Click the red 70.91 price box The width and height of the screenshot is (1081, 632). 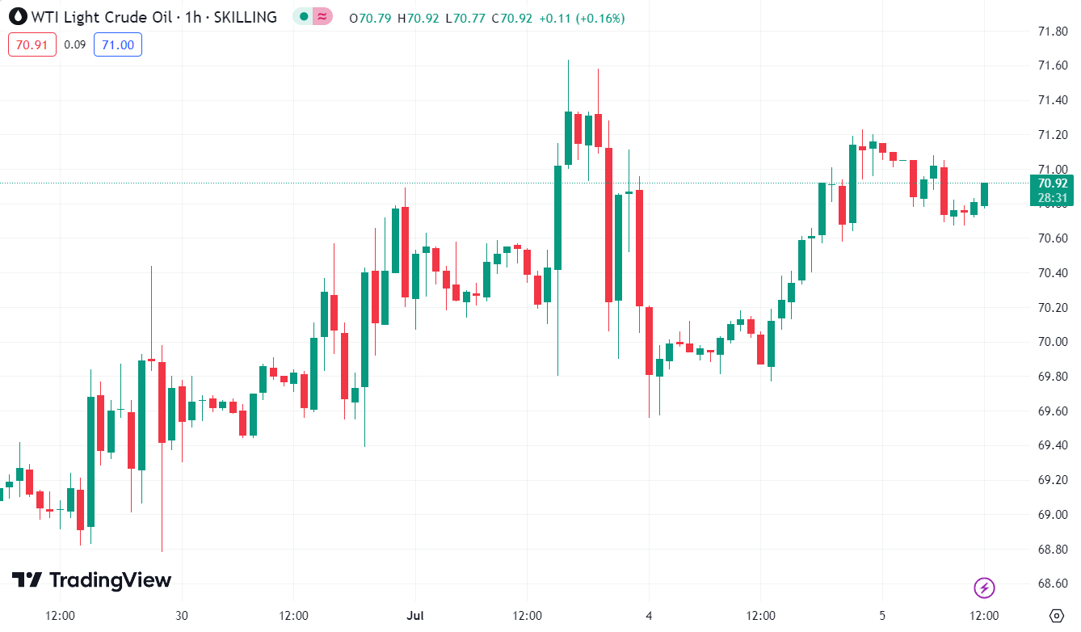[32, 44]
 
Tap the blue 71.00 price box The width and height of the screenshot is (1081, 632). [118, 44]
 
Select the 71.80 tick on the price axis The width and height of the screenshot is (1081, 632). [1053, 32]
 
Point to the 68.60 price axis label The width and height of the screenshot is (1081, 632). [1053, 584]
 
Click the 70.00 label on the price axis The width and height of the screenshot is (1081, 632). [1053, 342]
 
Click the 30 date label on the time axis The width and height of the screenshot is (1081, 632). [182, 615]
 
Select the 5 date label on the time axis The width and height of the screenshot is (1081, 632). [882, 615]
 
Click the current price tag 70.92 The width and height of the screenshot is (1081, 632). [1053, 183]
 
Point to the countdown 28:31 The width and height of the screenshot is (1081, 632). [1053, 198]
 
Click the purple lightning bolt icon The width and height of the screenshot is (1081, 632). [984, 588]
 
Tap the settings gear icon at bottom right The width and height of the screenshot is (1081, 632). [1055, 615]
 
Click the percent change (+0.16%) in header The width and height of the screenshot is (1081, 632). [599, 18]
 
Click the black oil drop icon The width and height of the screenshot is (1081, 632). [18, 17]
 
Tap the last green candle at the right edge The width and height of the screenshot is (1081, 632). [985, 194]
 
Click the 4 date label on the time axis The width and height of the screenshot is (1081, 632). [649, 615]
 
